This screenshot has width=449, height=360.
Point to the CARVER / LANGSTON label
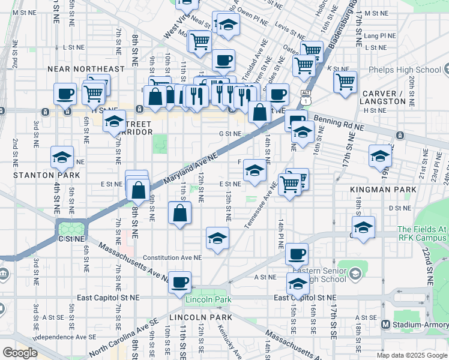[x=384, y=97]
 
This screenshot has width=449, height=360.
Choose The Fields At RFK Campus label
[x=423, y=235]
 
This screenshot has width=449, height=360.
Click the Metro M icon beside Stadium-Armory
[x=386, y=325]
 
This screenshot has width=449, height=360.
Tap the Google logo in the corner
[x=20, y=353]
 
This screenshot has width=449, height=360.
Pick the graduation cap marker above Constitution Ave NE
[x=217, y=238]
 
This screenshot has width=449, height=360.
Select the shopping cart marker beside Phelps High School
[x=345, y=82]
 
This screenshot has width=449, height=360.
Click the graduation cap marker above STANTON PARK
[x=62, y=157]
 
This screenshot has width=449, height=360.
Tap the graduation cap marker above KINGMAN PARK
[x=379, y=156]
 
